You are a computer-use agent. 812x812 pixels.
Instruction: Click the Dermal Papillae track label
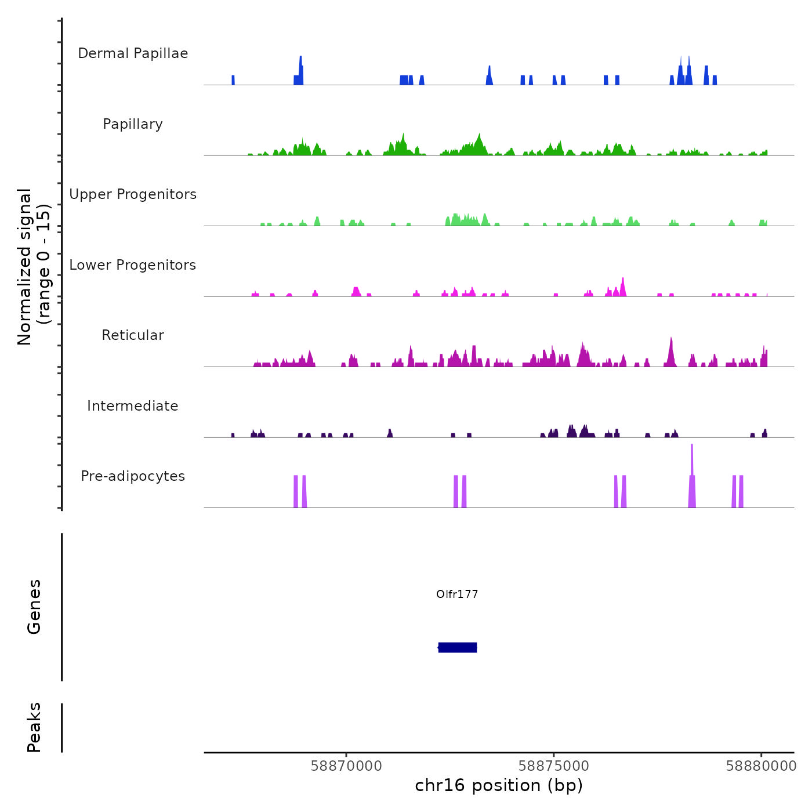click(x=133, y=53)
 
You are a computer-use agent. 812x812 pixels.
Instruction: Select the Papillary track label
click(x=133, y=124)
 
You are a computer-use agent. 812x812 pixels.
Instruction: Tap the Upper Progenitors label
click(x=133, y=194)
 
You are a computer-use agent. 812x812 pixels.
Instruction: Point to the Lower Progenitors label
click(x=133, y=265)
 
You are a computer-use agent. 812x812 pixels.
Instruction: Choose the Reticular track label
click(x=133, y=335)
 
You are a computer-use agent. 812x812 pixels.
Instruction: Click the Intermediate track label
click(x=133, y=406)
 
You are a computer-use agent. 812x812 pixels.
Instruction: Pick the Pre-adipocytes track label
click(x=133, y=476)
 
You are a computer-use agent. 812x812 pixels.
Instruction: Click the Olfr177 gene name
click(x=457, y=594)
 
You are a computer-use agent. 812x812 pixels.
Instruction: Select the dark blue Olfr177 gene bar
click(x=458, y=647)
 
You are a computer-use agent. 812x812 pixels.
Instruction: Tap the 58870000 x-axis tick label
click(x=346, y=766)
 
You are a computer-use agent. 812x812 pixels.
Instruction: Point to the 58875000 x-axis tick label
click(x=554, y=766)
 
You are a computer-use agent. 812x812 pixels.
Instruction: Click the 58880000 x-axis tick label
click(x=761, y=766)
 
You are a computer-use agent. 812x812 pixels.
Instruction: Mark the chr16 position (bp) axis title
click(x=499, y=786)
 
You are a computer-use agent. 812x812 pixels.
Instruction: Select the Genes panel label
click(x=34, y=607)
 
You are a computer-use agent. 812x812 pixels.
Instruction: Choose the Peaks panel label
click(x=34, y=727)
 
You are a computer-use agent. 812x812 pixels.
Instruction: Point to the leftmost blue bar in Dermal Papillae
click(x=233, y=80)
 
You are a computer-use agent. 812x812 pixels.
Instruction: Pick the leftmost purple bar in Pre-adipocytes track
click(x=296, y=492)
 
